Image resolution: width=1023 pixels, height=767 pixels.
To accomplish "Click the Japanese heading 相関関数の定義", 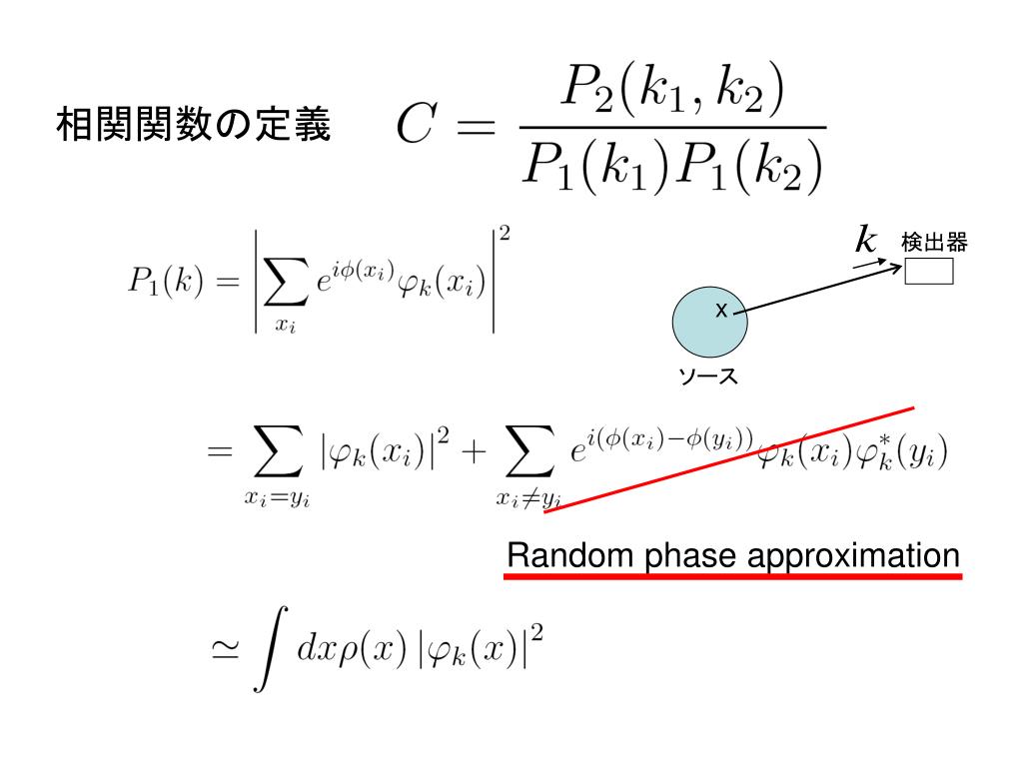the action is click(192, 127).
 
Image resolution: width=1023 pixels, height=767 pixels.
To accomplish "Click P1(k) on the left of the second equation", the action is click(167, 282).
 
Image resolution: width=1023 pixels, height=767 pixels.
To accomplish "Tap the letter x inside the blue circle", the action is click(719, 312).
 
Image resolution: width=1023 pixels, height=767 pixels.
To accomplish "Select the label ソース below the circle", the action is click(707, 378).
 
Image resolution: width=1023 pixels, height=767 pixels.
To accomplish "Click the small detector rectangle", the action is click(929, 271).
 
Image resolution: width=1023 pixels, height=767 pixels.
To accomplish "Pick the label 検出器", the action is click(935, 242).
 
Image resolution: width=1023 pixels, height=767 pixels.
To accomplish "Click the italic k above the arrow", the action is click(865, 240).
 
